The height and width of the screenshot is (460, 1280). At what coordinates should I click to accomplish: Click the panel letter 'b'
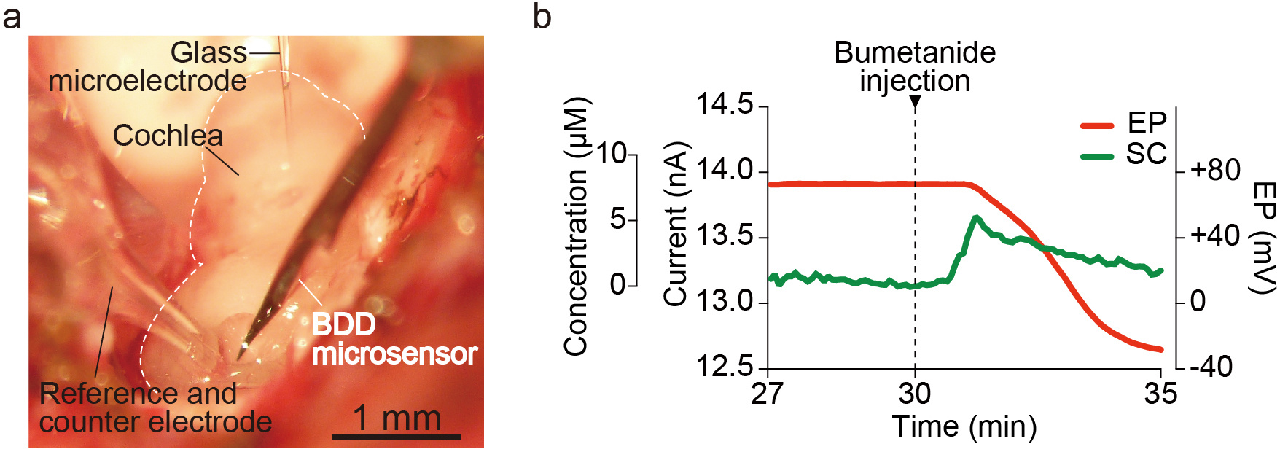point(542,16)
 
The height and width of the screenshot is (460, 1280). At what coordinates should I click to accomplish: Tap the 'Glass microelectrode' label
point(148,67)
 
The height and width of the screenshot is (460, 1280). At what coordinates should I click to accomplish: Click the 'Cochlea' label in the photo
point(168,136)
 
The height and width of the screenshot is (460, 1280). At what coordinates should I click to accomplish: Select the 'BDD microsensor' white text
point(394,340)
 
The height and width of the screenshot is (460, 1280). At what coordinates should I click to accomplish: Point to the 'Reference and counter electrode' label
point(155,408)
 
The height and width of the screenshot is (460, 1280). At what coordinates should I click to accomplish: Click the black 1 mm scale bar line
point(396,437)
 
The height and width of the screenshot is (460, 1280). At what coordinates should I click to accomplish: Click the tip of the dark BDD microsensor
point(240,358)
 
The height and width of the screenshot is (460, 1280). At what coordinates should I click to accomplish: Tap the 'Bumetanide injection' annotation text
point(915,66)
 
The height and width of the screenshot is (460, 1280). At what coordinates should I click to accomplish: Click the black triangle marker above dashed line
point(915,103)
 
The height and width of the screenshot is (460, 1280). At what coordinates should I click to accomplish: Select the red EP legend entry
point(1123,123)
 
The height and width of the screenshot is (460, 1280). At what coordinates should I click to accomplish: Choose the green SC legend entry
point(1123,155)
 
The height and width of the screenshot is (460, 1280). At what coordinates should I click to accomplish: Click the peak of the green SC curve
point(976,217)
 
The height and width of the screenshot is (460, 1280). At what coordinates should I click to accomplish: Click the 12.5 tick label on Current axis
point(725,367)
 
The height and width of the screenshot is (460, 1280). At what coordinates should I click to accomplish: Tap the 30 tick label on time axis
point(914,394)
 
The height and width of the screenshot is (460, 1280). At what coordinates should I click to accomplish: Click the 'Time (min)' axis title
point(964,426)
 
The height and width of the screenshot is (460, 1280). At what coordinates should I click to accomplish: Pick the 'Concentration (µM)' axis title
point(576,226)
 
